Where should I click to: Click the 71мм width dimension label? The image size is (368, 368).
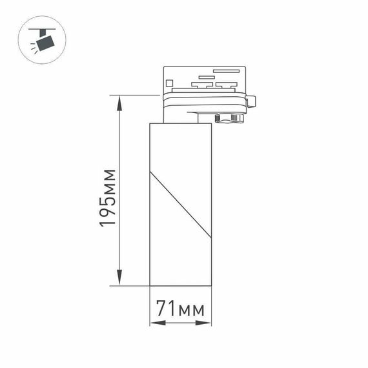pos(181,310)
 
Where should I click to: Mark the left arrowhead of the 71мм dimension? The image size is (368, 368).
pos(153,323)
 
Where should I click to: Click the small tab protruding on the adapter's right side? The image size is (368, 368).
pos(252,101)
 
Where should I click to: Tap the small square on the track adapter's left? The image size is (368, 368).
pos(169,82)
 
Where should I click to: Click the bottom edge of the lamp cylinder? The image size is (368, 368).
pos(181,285)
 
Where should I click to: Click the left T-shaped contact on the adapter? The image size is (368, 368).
pos(205,84)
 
